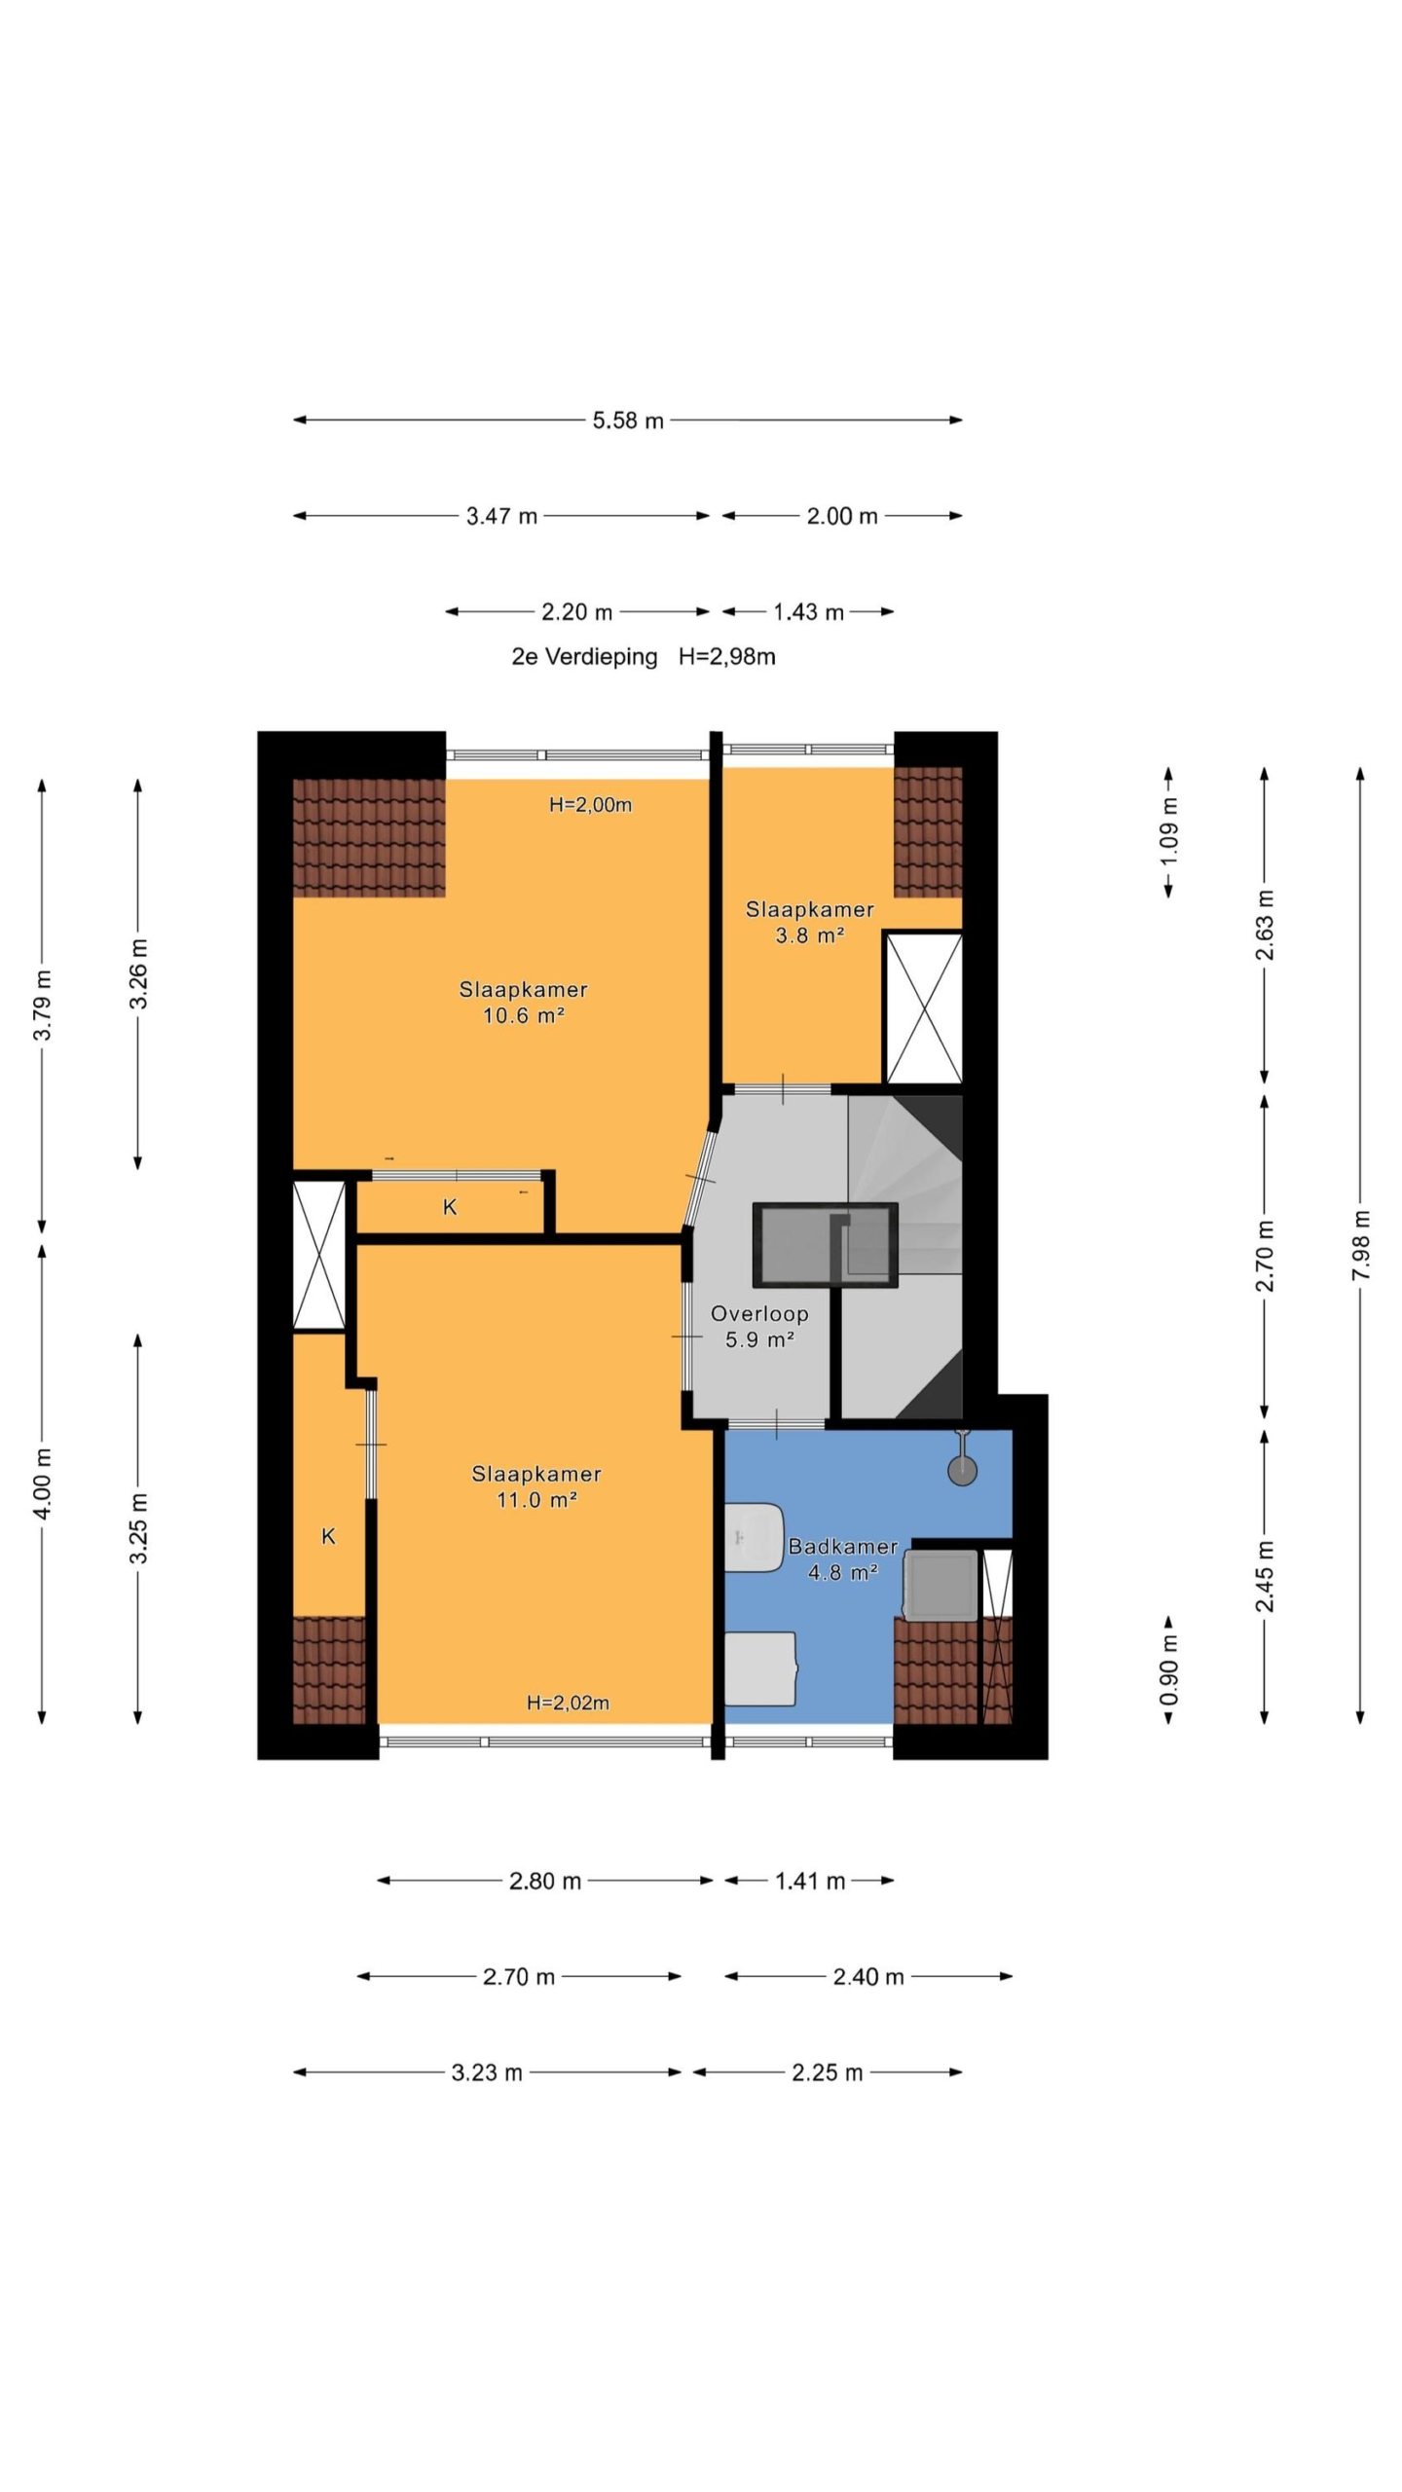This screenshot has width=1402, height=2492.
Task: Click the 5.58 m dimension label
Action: pyautogui.click(x=628, y=421)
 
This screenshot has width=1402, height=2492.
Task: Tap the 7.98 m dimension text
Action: pyautogui.click(x=1361, y=1245)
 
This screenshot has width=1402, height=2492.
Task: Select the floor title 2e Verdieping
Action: pyautogui.click(x=584, y=657)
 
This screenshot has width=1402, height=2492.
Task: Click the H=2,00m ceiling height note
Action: pyautogui.click(x=591, y=805)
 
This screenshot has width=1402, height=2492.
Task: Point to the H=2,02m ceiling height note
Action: pyautogui.click(x=568, y=1703)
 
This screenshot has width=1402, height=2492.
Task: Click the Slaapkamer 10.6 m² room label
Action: pyautogui.click(x=524, y=1003)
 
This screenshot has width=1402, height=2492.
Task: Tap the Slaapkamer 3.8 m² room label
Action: pyautogui.click(x=810, y=922)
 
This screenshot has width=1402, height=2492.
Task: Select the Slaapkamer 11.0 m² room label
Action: pyautogui.click(x=536, y=1486)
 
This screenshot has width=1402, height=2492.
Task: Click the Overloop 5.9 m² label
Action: pyautogui.click(x=759, y=1326)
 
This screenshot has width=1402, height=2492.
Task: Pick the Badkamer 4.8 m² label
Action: pyautogui.click(x=843, y=1558)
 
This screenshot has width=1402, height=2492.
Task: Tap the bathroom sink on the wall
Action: pyautogui.click(x=755, y=1537)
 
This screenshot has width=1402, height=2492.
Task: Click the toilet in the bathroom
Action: pyautogui.click(x=760, y=1668)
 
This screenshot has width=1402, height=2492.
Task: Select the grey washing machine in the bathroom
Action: pyautogui.click(x=941, y=1585)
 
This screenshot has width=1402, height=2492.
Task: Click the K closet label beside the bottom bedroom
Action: pyautogui.click(x=329, y=1536)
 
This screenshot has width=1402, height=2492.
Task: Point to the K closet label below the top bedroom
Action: pyautogui.click(x=450, y=1207)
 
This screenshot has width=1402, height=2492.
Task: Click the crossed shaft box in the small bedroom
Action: pyautogui.click(x=923, y=1008)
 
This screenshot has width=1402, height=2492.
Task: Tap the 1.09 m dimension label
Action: pyautogui.click(x=1169, y=832)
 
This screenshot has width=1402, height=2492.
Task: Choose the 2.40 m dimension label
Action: pyautogui.click(x=868, y=1977)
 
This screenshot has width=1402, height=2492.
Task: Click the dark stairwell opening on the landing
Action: pyautogui.click(x=825, y=1245)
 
